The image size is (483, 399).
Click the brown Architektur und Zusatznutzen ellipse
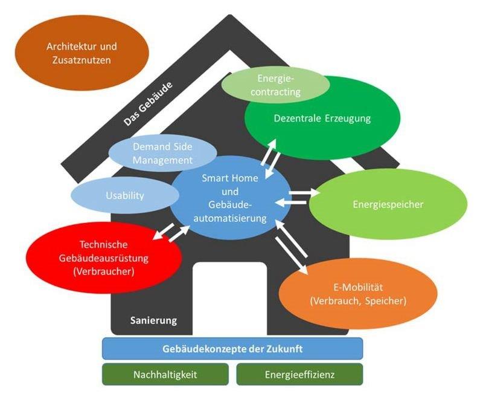[82, 53]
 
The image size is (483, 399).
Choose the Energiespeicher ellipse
[388, 204]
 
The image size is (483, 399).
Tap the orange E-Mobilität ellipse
[358, 293]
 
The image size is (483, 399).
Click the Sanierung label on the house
[153, 320]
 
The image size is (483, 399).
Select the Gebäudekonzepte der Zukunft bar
[232, 349]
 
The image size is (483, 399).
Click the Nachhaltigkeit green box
[165, 375]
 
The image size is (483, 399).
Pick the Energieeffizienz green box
[299, 375]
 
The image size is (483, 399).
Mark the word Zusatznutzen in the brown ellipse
[82, 60]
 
